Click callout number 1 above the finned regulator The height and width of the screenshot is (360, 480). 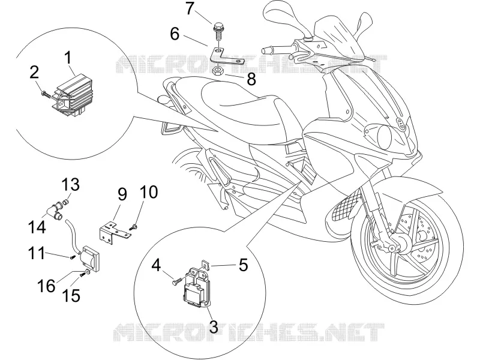pos(68,58)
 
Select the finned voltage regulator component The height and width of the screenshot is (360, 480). pos(73,95)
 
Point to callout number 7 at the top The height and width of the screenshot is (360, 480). pos(190,8)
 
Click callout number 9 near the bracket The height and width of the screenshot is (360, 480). pos(122,194)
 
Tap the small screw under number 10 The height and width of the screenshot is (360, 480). pos(133,227)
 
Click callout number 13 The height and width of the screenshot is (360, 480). pos(71,185)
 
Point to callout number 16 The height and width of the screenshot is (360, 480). pos(47,286)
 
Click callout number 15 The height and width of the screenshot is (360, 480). pos(71,295)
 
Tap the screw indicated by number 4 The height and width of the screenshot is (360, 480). pos(177,281)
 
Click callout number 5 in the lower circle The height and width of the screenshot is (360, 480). pos(244,265)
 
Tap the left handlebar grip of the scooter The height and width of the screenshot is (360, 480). pos(270,50)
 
